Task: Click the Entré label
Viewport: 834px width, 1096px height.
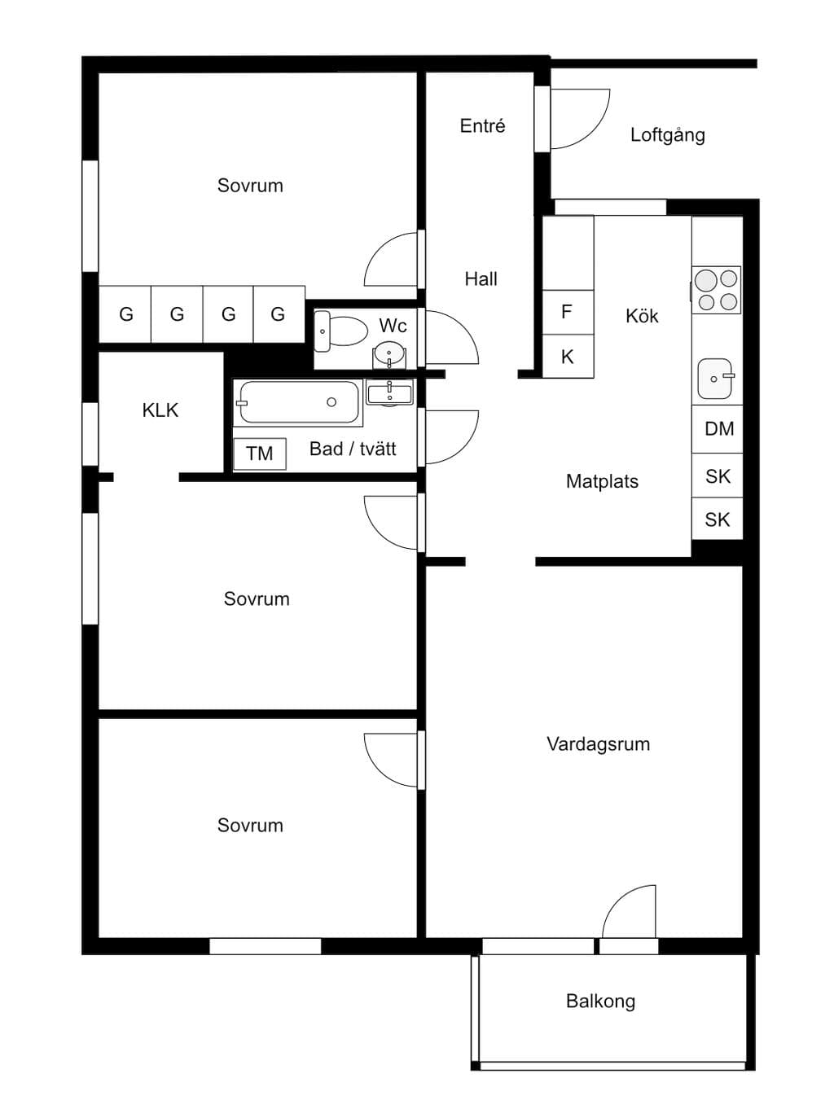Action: [482, 125]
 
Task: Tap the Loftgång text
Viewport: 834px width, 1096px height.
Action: [668, 135]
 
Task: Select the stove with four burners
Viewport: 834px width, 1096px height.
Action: [716, 290]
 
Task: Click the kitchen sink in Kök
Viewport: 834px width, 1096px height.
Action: [716, 378]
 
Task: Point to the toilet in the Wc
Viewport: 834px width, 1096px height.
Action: [340, 331]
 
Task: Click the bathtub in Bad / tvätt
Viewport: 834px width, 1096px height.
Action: [298, 403]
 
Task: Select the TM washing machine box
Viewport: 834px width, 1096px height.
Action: [260, 454]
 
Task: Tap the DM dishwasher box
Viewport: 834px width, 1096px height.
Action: [718, 429]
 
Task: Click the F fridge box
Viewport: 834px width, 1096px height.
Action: [568, 312]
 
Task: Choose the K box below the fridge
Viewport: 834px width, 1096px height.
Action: [568, 356]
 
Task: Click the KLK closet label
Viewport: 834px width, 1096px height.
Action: [160, 410]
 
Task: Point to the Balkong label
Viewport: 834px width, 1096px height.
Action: [600, 1001]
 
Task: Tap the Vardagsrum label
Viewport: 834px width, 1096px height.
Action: [599, 743]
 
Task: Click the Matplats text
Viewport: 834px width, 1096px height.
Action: [602, 481]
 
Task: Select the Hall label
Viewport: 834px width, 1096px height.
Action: [481, 278]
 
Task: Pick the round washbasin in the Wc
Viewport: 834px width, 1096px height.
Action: [388, 353]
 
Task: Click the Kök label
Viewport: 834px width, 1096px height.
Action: [642, 316]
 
